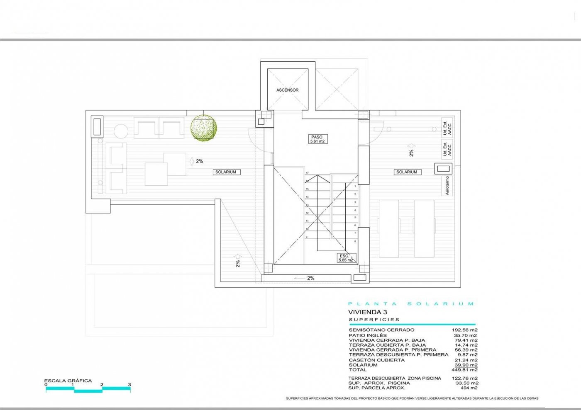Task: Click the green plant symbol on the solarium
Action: tap(203, 127)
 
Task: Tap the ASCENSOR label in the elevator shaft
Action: tap(288, 90)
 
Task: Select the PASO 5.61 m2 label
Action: tap(317, 139)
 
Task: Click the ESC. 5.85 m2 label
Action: tap(345, 258)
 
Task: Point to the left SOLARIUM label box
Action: tap(226, 172)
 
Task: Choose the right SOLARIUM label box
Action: tap(407, 172)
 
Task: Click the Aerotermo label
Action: tap(447, 186)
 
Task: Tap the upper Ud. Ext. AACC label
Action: tap(447, 128)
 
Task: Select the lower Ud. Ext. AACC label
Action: tap(447, 149)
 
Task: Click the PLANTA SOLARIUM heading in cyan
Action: tap(411, 304)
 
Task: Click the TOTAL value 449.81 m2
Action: tap(464, 370)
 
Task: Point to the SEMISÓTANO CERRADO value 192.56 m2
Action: tap(464, 330)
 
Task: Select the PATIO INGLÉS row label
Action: tap(368, 335)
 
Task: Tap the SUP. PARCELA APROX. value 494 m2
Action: tap(469, 388)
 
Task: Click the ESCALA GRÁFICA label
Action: tap(68, 381)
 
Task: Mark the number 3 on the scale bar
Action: tap(129, 385)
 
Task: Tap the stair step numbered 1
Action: tap(355, 187)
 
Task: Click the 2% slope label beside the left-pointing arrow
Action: tap(311, 278)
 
